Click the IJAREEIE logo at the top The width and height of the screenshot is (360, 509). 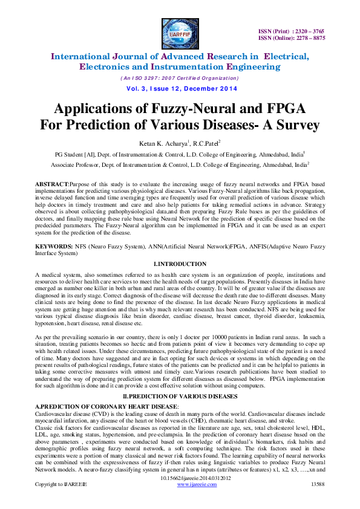point(180,31)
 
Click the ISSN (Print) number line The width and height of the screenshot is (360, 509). point(292,30)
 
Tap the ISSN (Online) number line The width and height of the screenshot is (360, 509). point(292,37)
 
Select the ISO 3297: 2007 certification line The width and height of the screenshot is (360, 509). point(179,78)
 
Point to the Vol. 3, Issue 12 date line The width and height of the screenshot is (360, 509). point(180,88)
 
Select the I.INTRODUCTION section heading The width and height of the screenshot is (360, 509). point(179,264)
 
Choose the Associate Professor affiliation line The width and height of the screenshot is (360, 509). point(180,163)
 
